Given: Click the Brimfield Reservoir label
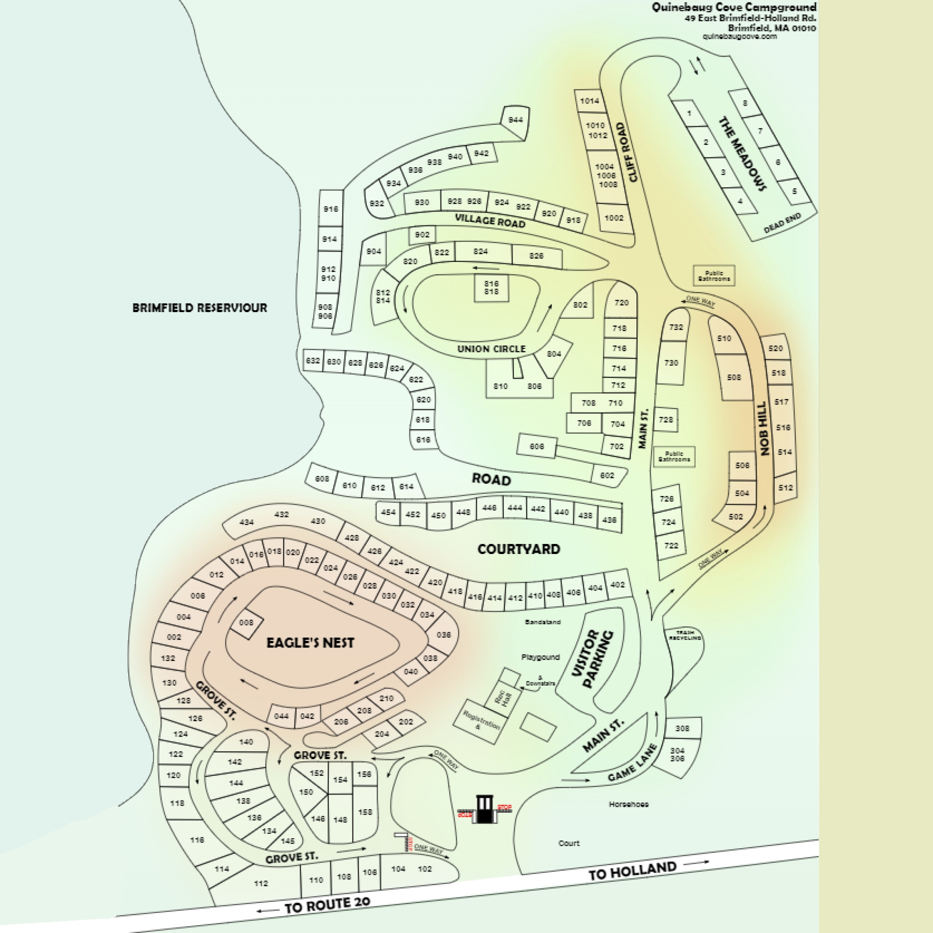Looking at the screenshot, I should coord(200,308).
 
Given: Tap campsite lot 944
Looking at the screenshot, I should coord(515,120).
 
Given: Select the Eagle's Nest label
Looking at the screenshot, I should coord(311,643).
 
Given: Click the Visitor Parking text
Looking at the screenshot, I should coord(592,660).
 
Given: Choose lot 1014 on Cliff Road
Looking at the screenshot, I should coord(589,101).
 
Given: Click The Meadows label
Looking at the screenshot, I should coord(742,154).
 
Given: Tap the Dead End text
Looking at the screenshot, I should coord(782,223).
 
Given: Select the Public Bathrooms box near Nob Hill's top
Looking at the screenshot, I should coord(714,276).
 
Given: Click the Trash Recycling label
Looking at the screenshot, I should coord(685,635).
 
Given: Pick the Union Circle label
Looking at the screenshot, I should coord(491,349).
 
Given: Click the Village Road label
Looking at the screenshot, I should coord(490,220).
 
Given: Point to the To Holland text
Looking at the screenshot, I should coord(632,871).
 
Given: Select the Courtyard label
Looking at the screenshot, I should coord(518,549).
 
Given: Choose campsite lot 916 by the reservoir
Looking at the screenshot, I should coord(331,209).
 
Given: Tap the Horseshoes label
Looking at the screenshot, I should coord(628,804).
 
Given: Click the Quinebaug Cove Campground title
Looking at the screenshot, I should coord(733,7).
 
